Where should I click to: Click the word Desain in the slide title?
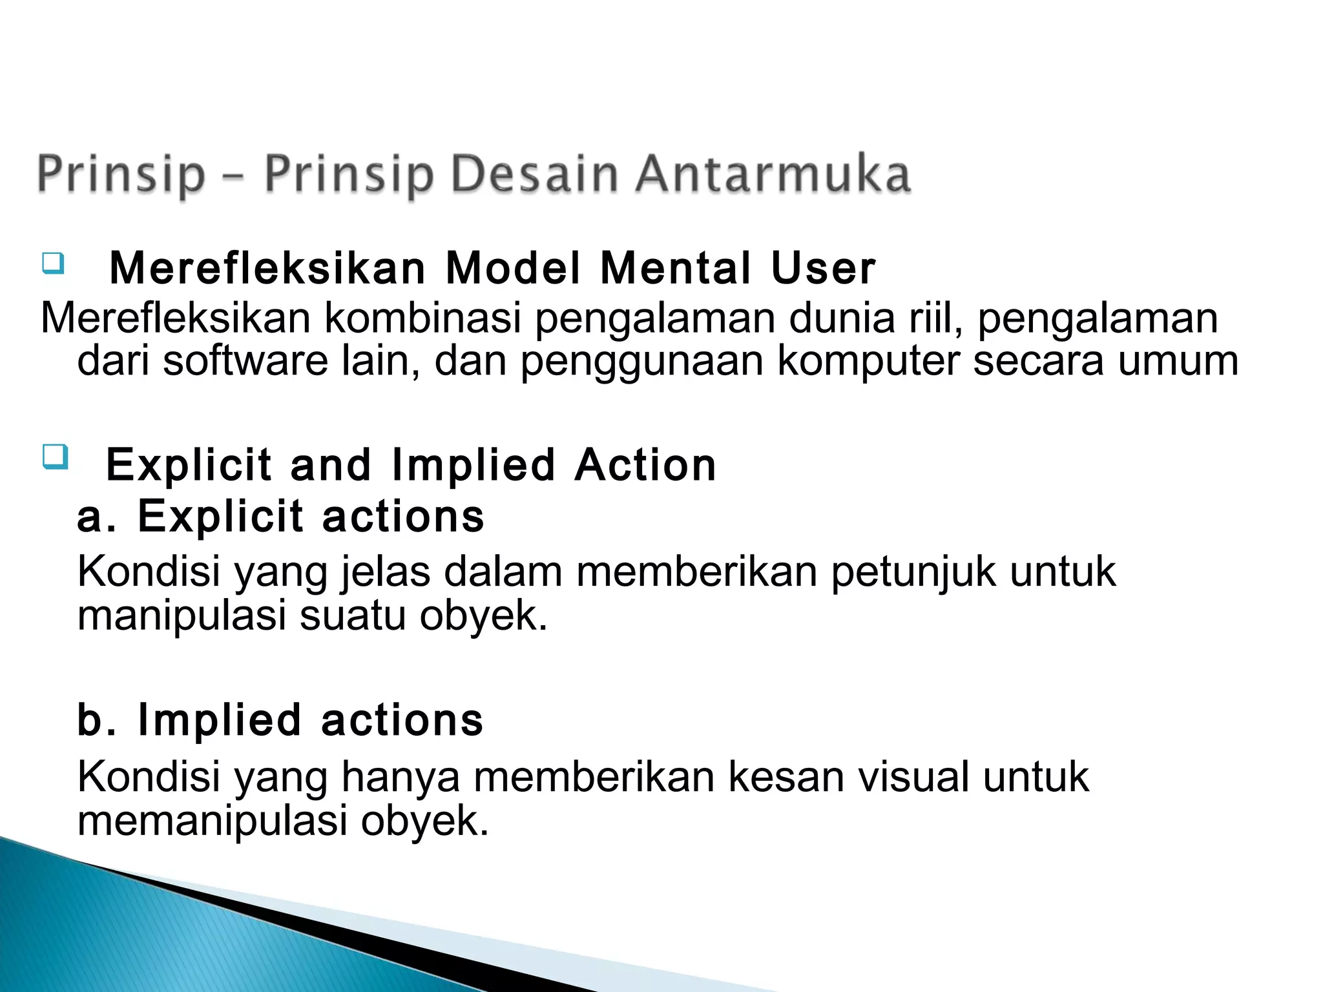(x=534, y=174)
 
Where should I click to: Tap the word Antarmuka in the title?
(x=773, y=174)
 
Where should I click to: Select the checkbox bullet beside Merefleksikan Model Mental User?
(x=54, y=263)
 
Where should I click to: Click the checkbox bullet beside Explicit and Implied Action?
(x=55, y=458)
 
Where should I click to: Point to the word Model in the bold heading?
(x=514, y=268)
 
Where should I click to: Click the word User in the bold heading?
(x=823, y=268)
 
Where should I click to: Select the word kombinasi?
(x=422, y=318)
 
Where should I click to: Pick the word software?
(x=245, y=361)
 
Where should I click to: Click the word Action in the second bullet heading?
(x=645, y=465)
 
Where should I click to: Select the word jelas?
(x=386, y=572)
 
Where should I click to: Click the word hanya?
(x=401, y=776)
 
